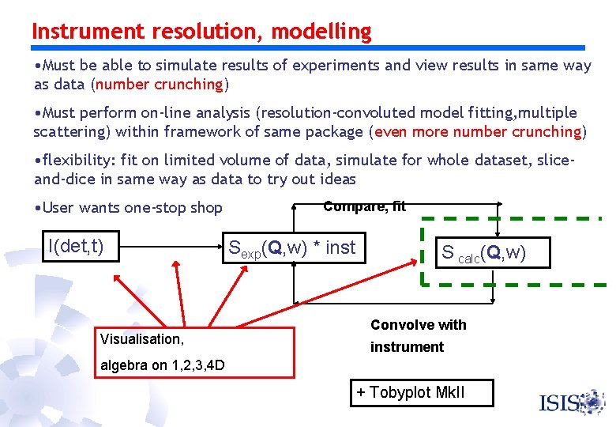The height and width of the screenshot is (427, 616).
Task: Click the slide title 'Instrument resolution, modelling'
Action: click(x=201, y=32)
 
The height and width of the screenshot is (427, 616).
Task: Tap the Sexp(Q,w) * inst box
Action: click(x=291, y=248)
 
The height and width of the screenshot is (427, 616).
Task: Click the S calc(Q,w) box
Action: click(x=483, y=252)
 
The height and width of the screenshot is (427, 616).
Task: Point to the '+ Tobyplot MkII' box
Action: click(x=421, y=393)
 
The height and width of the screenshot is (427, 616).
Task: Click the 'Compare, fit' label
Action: click(x=364, y=206)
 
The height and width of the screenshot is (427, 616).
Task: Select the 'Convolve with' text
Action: click(x=418, y=325)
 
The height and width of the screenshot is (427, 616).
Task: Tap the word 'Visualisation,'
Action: click(x=141, y=339)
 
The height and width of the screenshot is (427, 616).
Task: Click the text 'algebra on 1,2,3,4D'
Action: click(x=162, y=365)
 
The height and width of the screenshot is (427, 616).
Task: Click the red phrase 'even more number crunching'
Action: click(x=478, y=131)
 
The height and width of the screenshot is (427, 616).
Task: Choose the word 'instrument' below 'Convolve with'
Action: click(x=407, y=346)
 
